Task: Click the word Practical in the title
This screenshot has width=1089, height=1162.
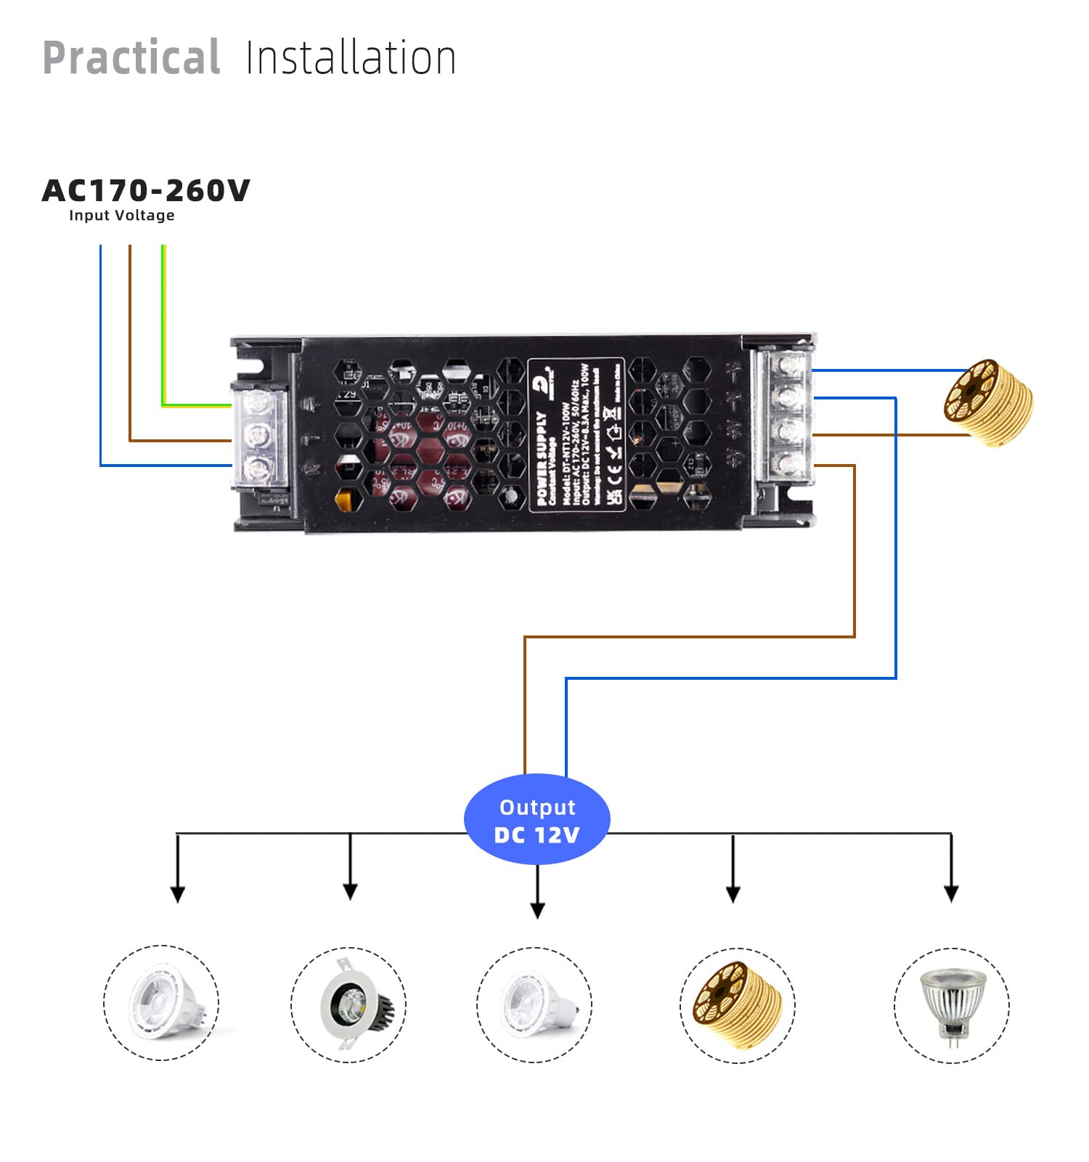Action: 131,58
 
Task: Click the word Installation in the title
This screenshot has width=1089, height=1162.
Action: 351,58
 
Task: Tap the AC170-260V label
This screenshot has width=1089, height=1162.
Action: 146,191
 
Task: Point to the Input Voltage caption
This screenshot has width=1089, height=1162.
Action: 121,216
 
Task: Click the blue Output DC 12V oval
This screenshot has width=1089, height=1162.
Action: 537,819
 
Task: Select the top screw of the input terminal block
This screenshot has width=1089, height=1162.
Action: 257,403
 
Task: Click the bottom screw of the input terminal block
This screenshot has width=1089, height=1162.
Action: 257,468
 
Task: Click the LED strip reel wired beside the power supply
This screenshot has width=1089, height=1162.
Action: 989,402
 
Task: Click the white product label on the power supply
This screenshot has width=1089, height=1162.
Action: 576,434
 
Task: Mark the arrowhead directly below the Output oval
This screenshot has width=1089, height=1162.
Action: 537,910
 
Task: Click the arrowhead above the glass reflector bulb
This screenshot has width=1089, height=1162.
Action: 951,893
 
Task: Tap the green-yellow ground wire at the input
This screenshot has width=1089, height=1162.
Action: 164,327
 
